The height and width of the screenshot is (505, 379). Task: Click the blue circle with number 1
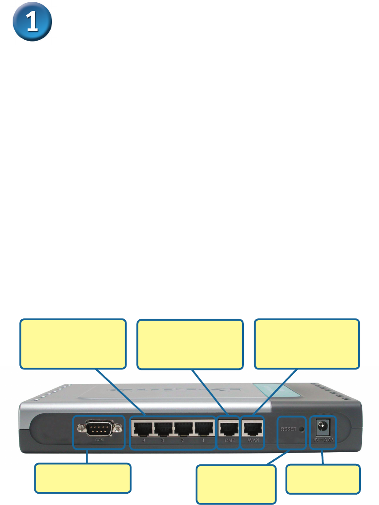coord(31,24)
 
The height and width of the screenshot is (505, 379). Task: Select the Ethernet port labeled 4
coord(141,427)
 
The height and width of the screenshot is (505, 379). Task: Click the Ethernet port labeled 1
coord(204,427)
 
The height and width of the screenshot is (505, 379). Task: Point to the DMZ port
coord(228,428)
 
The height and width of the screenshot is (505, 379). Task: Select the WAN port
coord(252,428)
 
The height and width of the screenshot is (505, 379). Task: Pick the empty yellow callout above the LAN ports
coord(73,344)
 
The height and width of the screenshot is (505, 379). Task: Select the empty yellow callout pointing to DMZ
coord(190,344)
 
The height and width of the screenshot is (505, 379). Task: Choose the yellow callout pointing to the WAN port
coord(307,344)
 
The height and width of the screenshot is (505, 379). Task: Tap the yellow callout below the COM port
coord(83,478)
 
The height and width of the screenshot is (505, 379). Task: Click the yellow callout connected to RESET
coord(236,485)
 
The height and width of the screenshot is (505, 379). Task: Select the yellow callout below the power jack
coord(323,479)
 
